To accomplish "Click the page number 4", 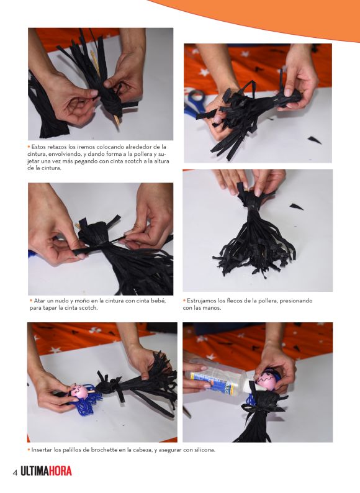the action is point(15,473).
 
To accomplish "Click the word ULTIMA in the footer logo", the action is point(35,471).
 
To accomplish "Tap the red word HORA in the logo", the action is point(60,471).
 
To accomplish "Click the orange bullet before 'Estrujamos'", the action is point(184,301).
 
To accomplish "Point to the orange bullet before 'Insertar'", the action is point(29,450).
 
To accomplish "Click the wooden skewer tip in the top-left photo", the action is point(119,124).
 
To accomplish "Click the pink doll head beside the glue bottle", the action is point(266,380).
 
